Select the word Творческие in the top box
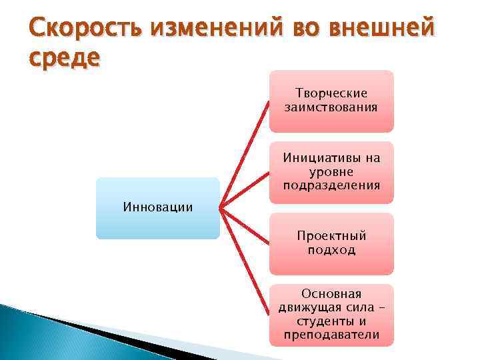pos(331,93)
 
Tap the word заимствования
pos(331,107)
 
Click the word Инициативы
pos(331,158)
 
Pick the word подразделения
pos(331,185)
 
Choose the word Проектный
pos(331,236)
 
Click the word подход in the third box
pos(331,250)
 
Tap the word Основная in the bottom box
pos(331,293)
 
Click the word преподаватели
pos(331,335)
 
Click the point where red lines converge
pos(221,208)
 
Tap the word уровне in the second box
pos(331,171)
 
